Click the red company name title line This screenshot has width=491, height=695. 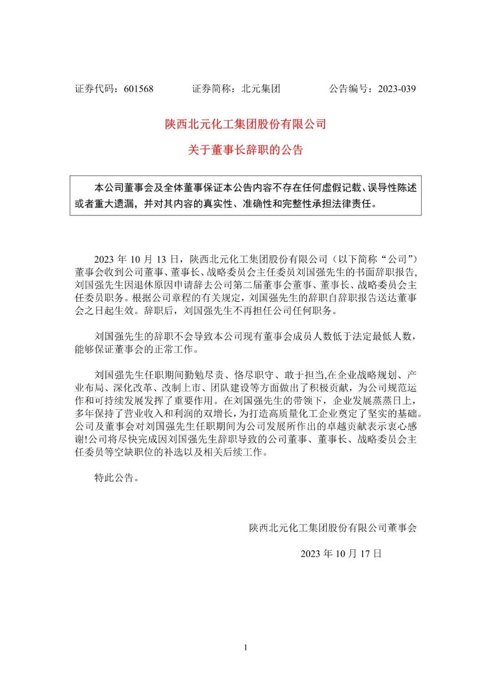245,124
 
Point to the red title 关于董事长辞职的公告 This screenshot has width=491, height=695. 245,150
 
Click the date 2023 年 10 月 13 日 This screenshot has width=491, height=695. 135,259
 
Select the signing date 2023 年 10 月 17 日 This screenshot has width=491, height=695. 341,553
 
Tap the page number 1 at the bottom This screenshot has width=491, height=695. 245,648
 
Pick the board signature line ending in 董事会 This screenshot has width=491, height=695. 333,528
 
